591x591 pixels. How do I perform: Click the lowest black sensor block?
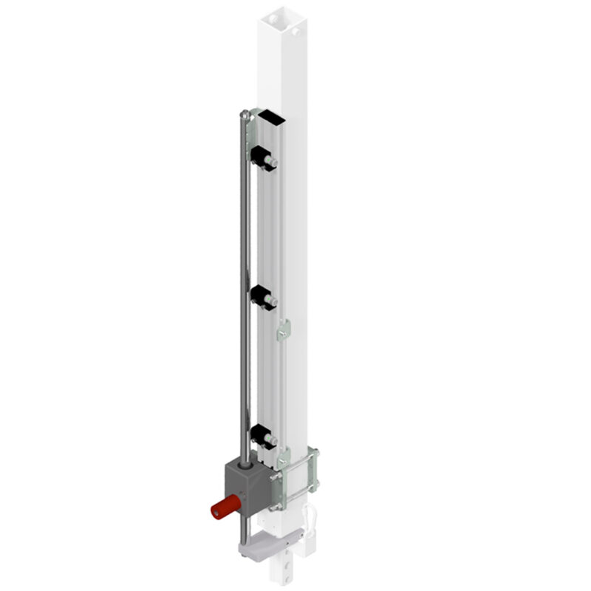(x=262, y=436)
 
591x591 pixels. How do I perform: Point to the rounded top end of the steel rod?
(x=244, y=114)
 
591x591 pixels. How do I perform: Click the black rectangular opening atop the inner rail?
(x=270, y=117)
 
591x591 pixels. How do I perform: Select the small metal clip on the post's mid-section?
(x=284, y=332)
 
